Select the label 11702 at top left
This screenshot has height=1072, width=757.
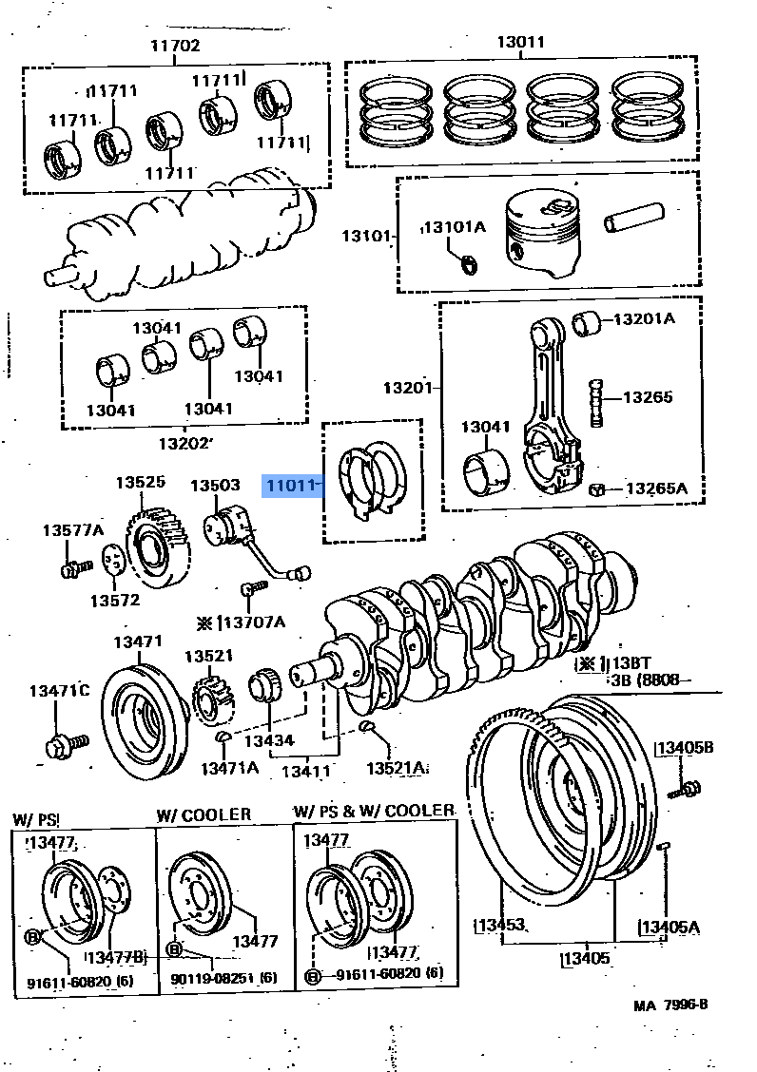[x=174, y=45]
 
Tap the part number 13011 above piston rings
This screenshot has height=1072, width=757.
[x=520, y=42]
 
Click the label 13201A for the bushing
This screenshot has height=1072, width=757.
[x=644, y=318]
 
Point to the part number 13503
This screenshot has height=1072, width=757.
[x=214, y=485]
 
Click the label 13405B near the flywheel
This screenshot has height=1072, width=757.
[x=682, y=748]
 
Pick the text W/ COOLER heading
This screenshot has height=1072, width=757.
[x=204, y=814]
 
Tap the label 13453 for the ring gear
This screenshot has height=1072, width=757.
[x=500, y=926]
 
